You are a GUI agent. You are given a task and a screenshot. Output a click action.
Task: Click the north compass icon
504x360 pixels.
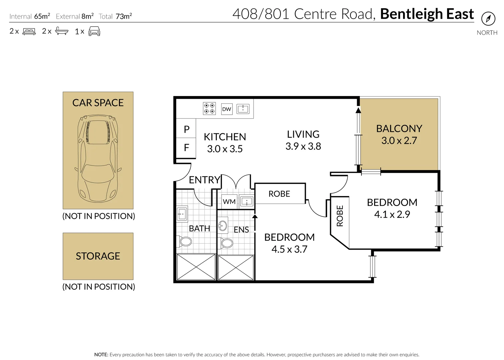[x=488, y=19]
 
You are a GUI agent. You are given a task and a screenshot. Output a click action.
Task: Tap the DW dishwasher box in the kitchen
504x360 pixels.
[x=227, y=109]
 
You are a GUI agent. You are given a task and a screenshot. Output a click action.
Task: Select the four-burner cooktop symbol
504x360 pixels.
[x=210, y=109]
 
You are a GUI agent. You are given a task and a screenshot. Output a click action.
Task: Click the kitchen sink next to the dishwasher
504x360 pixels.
[x=243, y=109]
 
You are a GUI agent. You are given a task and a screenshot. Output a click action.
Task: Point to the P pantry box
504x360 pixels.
[x=187, y=129]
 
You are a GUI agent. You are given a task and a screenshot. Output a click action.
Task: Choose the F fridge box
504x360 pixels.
[x=187, y=147]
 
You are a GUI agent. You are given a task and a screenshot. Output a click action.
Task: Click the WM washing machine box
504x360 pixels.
[x=229, y=201]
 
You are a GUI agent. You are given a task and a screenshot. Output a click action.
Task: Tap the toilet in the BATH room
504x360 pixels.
[x=185, y=241]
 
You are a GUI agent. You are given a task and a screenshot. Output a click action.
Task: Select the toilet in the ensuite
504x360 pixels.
[x=227, y=243]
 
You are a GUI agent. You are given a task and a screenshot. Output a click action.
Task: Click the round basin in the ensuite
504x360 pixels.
[x=223, y=225]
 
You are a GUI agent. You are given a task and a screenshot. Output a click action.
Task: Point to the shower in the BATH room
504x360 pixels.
[x=196, y=267]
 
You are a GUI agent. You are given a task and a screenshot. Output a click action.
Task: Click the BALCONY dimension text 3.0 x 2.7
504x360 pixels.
[x=399, y=141]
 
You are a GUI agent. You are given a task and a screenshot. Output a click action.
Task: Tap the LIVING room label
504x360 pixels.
[x=303, y=134]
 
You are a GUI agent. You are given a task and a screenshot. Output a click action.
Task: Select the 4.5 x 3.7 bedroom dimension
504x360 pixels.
[x=289, y=249]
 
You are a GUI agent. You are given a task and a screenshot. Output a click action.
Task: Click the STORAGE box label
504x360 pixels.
[x=98, y=256]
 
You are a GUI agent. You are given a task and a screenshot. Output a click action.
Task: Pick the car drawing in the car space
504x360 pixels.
[x=98, y=158]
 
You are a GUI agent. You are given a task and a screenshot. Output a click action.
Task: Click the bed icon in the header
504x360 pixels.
[x=29, y=32]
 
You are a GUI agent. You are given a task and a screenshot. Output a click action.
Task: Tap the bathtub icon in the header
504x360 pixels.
[x=62, y=32]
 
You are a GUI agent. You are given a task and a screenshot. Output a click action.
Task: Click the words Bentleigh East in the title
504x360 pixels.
[x=427, y=14]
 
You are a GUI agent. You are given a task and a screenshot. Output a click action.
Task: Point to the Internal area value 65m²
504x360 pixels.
[x=42, y=16]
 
